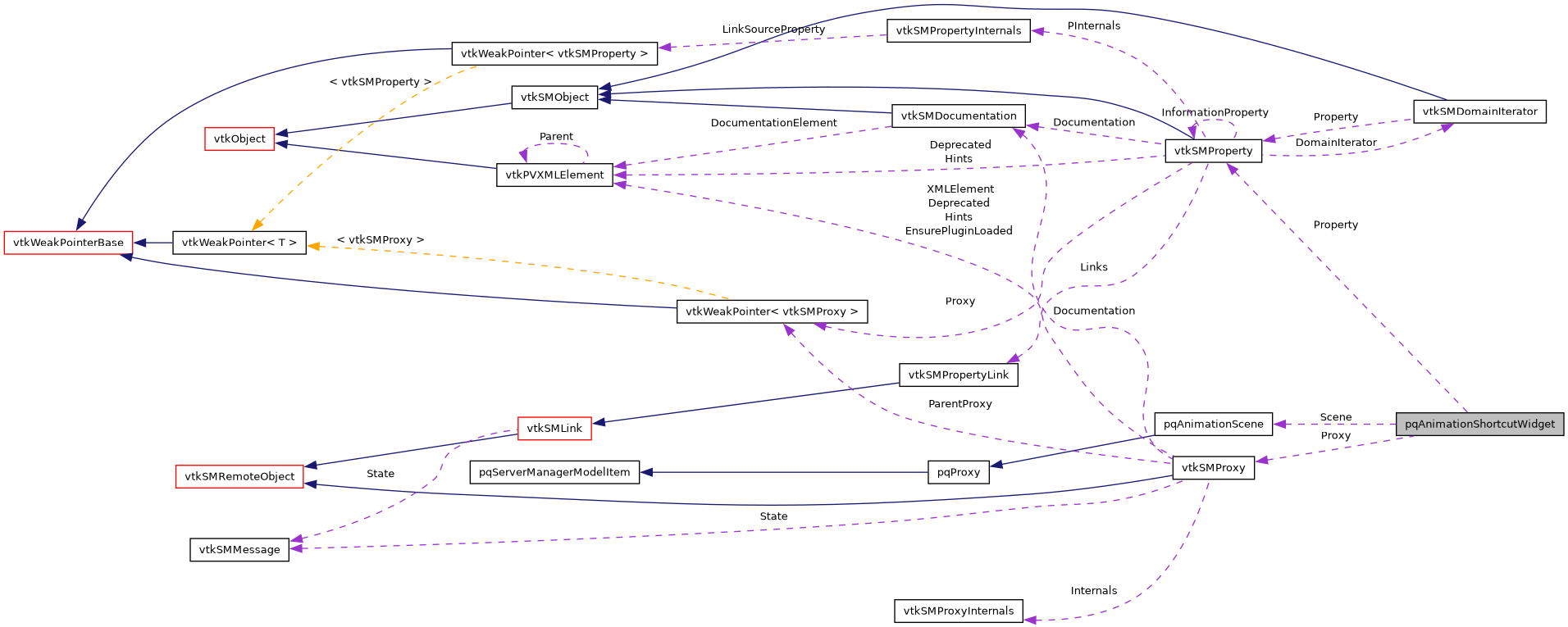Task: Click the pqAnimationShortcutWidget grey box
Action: pyautogui.click(x=1479, y=424)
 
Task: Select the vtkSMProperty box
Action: pyautogui.click(x=1213, y=151)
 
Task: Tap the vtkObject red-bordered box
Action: pyautogui.click(x=239, y=139)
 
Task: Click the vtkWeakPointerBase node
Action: pyautogui.click(x=68, y=243)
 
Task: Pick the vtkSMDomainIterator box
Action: pyautogui.click(x=1479, y=111)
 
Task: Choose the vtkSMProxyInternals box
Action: pyautogui.click(x=958, y=611)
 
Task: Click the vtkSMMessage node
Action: pyautogui.click(x=239, y=549)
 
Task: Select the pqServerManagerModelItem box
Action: pyautogui.click(x=554, y=472)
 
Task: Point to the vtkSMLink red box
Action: pyautogui.click(x=554, y=428)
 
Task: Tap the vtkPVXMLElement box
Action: pyautogui.click(x=554, y=175)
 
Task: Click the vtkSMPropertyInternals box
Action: pyautogui.click(x=958, y=30)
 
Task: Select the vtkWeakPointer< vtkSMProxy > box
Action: pyautogui.click(x=772, y=311)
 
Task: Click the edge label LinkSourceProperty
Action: pyautogui.click(x=773, y=30)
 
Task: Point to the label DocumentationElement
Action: pyautogui.click(x=773, y=123)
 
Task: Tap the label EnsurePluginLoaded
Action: pyautogui.click(x=959, y=231)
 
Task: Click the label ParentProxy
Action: pyautogui.click(x=959, y=404)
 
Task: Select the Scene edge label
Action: pyautogui.click(x=1335, y=417)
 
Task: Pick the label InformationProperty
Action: pyautogui.click(x=1215, y=112)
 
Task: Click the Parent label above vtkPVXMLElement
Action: pyautogui.click(x=556, y=137)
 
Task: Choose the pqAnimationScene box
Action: pyautogui.click(x=1213, y=424)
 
